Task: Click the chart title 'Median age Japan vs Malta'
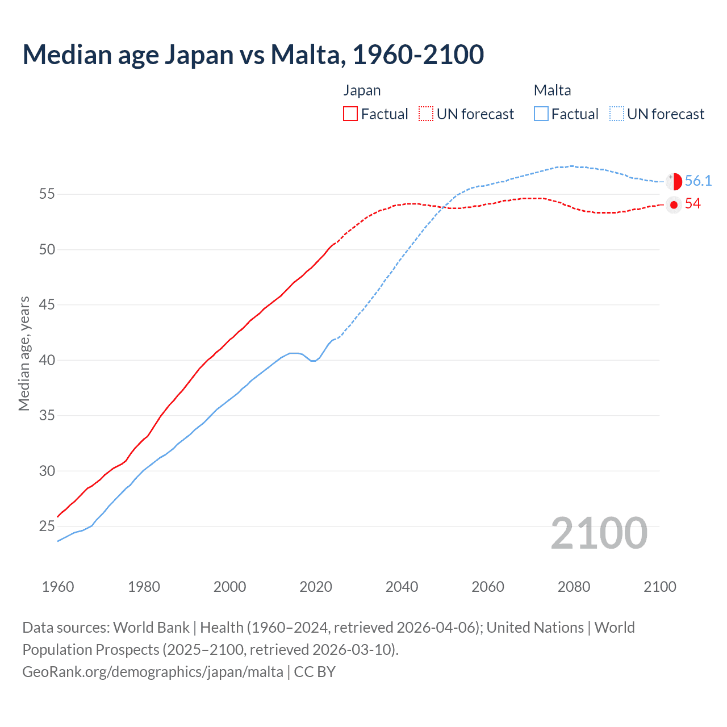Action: tap(253, 55)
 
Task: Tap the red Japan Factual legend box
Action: tap(350, 114)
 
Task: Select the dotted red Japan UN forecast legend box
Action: tap(426, 114)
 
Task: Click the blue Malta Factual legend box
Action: tap(541, 114)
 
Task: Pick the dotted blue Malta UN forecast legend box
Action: tap(617, 114)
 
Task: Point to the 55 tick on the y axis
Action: tap(47, 194)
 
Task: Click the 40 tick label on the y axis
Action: tap(47, 360)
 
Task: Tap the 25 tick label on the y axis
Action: tap(47, 527)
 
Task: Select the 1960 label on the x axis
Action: tap(58, 587)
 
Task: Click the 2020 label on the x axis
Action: tap(316, 587)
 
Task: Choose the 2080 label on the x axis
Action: tap(574, 587)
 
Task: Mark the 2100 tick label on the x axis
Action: tap(660, 587)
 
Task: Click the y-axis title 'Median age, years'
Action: tap(24, 353)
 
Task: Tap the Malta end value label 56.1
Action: tap(698, 181)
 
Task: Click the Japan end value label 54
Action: tap(693, 204)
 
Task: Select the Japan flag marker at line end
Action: tap(674, 205)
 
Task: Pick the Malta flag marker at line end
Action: tap(674, 181)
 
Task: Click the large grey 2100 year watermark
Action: tap(599, 533)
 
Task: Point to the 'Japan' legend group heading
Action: tap(362, 90)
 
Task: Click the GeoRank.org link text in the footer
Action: tap(153, 672)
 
